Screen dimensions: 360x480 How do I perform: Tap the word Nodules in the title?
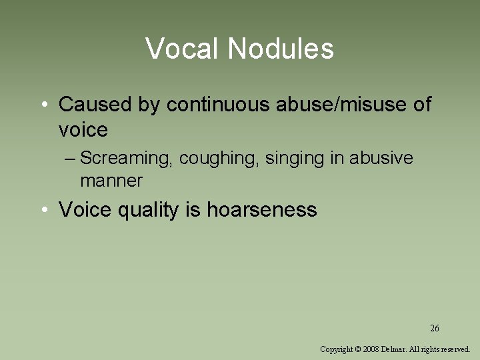point(281,49)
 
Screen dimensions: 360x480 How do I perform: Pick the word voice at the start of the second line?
point(83,129)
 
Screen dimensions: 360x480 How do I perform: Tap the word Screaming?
point(127,159)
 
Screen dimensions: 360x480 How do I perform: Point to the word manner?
point(111,180)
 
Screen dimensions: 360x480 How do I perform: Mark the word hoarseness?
point(261,210)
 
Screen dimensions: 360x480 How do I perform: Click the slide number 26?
point(435,328)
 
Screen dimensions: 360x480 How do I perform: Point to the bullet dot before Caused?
point(43,105)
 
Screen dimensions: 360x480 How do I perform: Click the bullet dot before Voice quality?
point(43,211)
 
